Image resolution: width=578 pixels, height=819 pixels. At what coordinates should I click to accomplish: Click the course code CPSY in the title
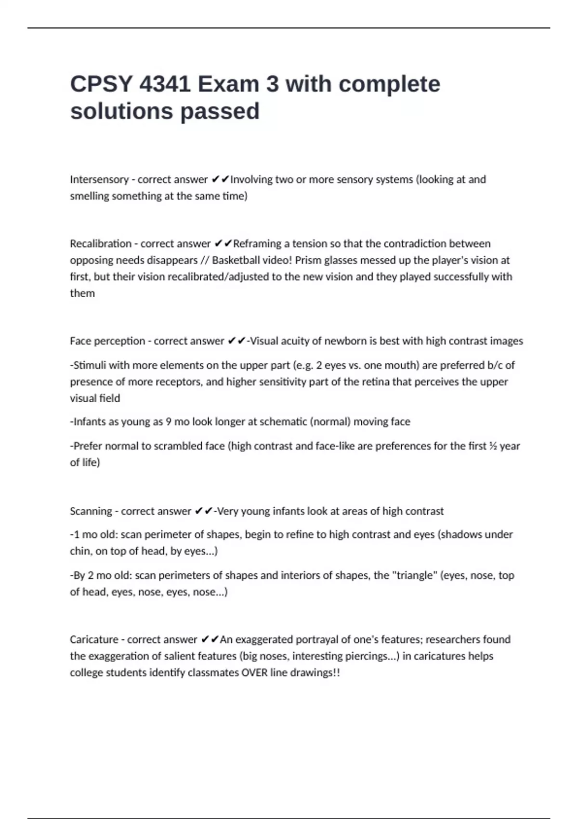(x=100, y=84)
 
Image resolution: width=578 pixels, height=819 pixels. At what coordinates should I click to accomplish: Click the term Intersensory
(x=99, y=180)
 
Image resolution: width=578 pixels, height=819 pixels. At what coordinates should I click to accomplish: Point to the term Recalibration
(x=101, y=244)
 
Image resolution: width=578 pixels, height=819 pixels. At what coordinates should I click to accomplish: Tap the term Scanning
(x=91, y=511)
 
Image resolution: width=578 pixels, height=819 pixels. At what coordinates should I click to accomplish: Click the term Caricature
(x=94, y=640)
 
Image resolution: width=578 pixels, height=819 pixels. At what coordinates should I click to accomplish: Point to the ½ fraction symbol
(x=493, y=446)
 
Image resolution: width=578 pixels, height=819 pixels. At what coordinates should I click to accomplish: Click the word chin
(x=80, y=551)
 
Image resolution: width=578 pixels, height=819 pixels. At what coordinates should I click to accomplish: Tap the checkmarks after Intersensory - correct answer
(x=220, y=180)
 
